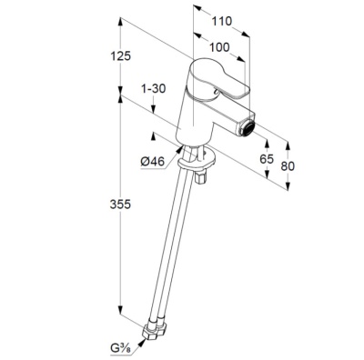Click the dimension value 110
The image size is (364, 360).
[222, 22]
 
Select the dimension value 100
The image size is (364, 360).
[219, 47]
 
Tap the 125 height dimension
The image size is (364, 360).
[120, 56]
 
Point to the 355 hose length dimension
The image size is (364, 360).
[120, 205]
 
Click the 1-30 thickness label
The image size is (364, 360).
[153, 89]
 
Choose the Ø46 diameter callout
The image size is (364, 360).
[152, 162]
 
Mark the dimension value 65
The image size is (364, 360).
[267, 158]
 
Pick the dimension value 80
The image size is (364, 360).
[288, 166]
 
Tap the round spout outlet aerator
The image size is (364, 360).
[247, 127]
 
